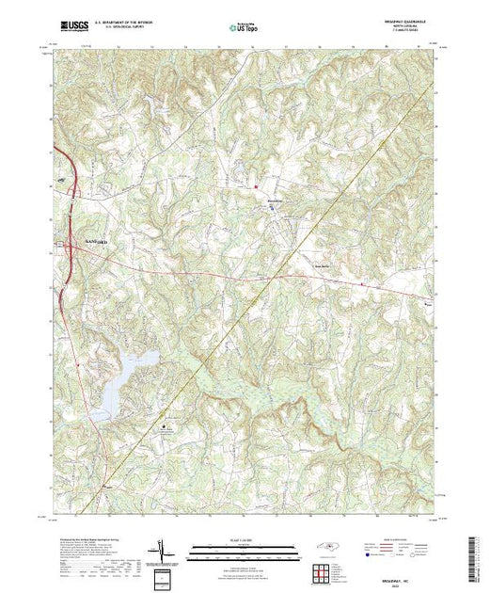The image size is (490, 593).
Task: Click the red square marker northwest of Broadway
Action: (255, 185)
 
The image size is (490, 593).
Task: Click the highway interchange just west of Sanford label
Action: (68, 248)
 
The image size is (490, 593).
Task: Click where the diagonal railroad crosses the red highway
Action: (272, 278)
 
